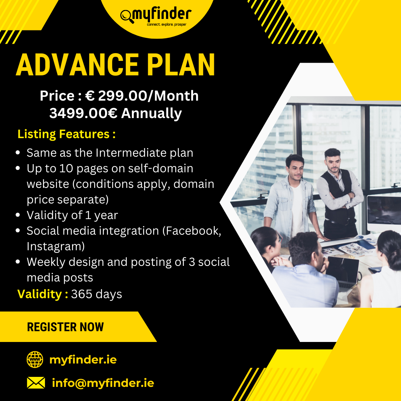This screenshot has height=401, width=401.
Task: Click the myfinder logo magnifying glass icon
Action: [127, 16]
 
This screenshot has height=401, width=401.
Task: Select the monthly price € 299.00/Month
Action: [142, 96]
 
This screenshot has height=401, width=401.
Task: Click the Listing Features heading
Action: [66, 134]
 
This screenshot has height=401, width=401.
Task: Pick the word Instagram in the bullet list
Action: [55, 247]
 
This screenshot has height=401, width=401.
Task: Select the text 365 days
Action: [97, 294]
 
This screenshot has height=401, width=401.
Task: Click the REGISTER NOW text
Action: [65, 327]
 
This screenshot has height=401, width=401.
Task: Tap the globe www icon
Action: [35, 359]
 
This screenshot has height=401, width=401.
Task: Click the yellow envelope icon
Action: [36, 383]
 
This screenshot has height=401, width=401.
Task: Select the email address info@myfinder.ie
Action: [103, 383]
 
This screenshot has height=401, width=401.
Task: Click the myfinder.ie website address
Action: [83, 360]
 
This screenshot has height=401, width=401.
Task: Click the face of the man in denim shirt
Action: [296, 170]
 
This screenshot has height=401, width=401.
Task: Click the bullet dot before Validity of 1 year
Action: [18, 215]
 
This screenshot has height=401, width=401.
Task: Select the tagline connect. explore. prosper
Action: [166, 25]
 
